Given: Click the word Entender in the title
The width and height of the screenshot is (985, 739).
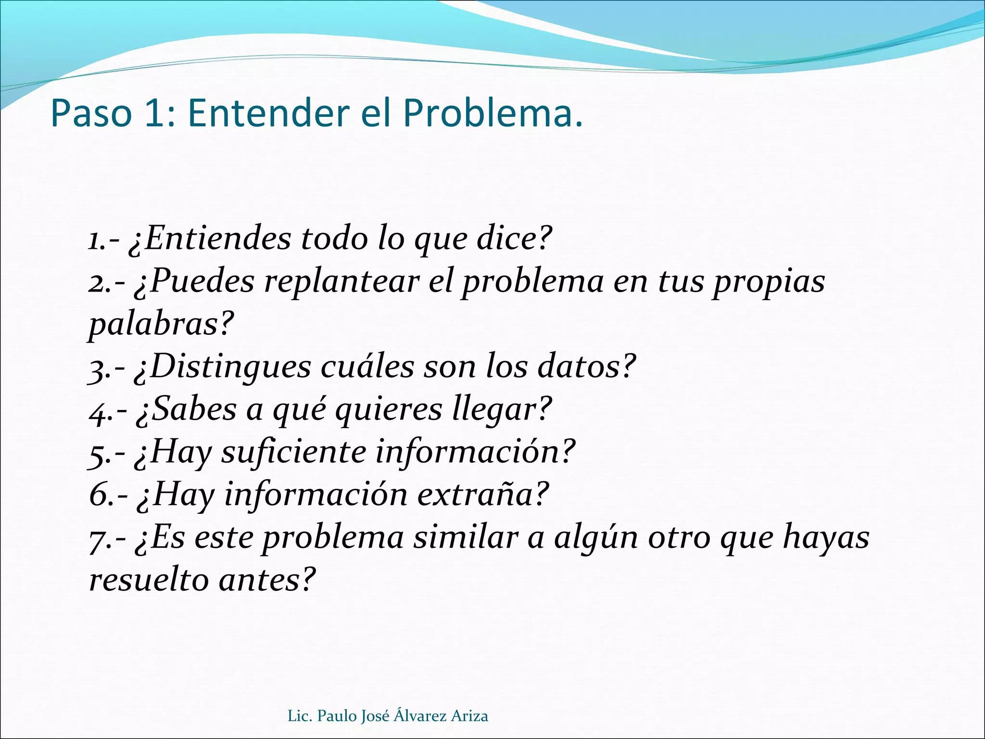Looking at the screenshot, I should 268,114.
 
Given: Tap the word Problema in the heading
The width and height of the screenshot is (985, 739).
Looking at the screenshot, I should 487,114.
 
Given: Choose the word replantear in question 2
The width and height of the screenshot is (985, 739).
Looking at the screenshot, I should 342,281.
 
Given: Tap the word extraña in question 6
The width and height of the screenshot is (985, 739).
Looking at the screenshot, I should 482,495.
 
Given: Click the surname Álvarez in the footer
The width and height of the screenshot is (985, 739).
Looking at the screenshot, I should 420,716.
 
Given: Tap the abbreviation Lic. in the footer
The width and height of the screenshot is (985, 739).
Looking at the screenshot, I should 300,716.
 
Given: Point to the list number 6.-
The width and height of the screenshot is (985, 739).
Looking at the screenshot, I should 109,496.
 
